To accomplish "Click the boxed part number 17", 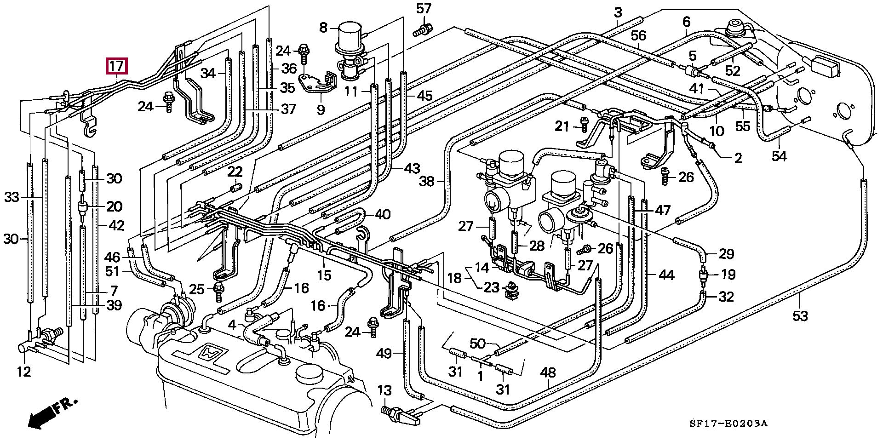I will point(117,66).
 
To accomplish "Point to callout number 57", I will point(424,9).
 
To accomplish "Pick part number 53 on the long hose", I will point(800,316).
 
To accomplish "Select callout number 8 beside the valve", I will point(323,28).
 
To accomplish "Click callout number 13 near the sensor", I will point(384,391).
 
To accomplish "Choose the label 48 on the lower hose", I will point(548,372).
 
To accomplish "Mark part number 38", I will point(427,182).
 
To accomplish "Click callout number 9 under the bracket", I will point(321,110).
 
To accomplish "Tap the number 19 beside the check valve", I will point(728,275).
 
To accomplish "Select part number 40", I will point(383,214).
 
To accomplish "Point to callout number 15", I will point(324,275).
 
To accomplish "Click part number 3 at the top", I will point(618,12).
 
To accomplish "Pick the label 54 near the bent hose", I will point(779,156).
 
